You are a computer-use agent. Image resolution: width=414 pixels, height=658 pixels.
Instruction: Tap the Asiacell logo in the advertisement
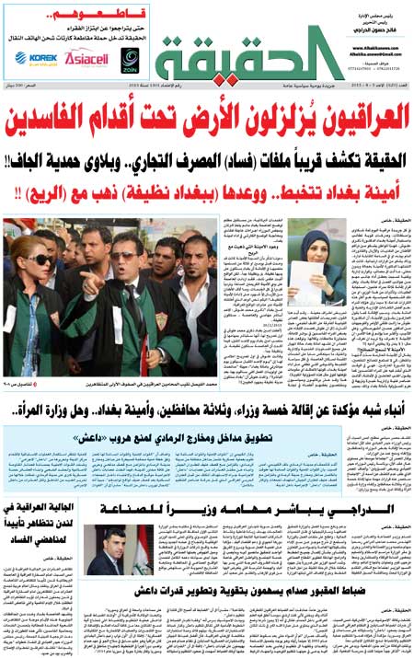pos(85,58)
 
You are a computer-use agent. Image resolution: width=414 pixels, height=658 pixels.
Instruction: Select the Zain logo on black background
pos(131,59)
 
